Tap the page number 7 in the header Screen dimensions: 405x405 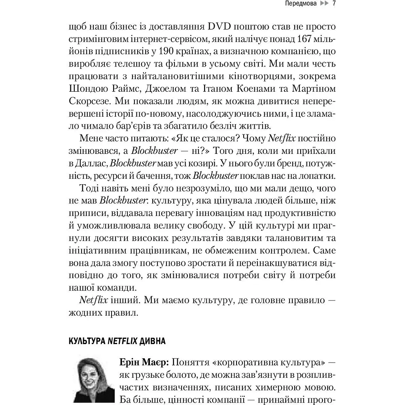[x=334, y=5]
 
